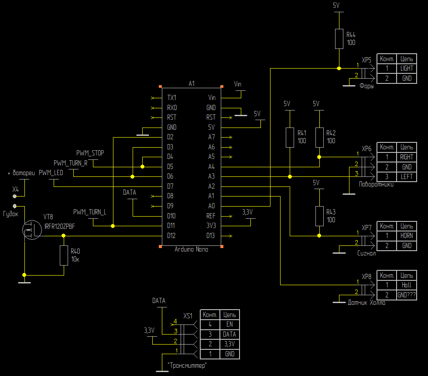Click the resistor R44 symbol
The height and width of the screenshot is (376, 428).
(x=339, y=39)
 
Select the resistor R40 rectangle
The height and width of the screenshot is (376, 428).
(x=64, y=255)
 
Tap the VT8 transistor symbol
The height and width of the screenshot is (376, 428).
(x=32, y=230)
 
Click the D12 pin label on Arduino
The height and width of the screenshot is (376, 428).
(x=171, y=235)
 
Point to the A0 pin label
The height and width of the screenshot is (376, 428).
(x=211, y=206)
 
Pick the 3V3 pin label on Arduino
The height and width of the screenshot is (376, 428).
(x=211, y=225)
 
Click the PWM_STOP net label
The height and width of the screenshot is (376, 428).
(x=90, y=153)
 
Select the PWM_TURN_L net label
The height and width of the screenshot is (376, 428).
(x=89, y=212)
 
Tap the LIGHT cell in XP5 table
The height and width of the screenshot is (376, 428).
(x=407, y=68)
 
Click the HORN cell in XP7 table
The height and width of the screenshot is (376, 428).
(x=407, y=235)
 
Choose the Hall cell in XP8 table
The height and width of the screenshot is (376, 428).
(x=407, y=285)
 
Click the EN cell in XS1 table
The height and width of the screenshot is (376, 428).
(x=229, y=324)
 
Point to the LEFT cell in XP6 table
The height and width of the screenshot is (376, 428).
(x=407, y=176)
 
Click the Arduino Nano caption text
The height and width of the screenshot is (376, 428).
(x=192, y=249)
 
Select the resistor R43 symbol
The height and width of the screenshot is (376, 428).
(x=319, y=216)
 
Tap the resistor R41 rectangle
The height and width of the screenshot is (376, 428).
(x=290, y=138)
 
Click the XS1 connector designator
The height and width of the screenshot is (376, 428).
(x=188, y=316)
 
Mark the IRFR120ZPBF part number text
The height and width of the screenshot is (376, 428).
(x=59, y=227)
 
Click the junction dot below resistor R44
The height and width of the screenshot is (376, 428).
(x=339, y=68)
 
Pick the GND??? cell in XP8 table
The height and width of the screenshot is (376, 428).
(x=407, y=295)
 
